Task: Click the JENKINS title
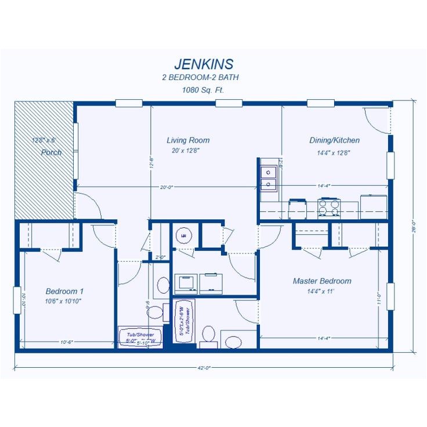point(204,63)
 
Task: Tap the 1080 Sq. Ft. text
point(203,90)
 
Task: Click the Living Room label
point(188,140)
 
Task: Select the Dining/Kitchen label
point(334,140)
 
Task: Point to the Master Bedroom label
point(322,281)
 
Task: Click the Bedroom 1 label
point(65,291)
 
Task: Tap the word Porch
point(52,153)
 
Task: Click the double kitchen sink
point(268,178)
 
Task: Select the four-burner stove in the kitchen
point(329,207)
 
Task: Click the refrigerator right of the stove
point(374,205)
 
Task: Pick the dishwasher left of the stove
point(298,208)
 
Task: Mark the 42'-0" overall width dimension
point(204,367)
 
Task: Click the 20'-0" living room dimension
point(167,187)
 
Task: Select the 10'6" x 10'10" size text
point(64,301)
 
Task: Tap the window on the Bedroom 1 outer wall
point(17,300)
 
